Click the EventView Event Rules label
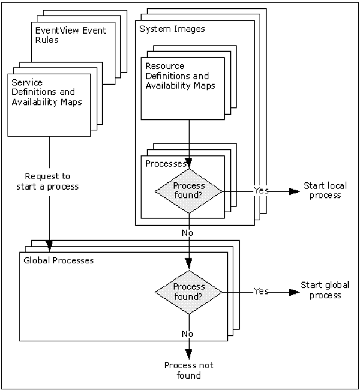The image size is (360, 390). tap(70, 35)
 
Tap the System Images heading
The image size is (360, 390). tap(172, 29)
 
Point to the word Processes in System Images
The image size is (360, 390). tap(163, 163)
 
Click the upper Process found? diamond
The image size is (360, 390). tap(188, 190)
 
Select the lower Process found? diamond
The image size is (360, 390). tap(188, 291)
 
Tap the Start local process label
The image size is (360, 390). tap(322, 190)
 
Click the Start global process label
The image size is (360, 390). tap(321, 290)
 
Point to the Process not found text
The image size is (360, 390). tap(188, 370)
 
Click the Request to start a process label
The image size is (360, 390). tap(51, 181)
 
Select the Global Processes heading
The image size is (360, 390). tap(58, 260)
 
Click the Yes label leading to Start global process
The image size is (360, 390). tap(261, 291)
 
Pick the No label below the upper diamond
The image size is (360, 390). tap(188, 232)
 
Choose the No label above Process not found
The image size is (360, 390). tap(188, 333)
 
